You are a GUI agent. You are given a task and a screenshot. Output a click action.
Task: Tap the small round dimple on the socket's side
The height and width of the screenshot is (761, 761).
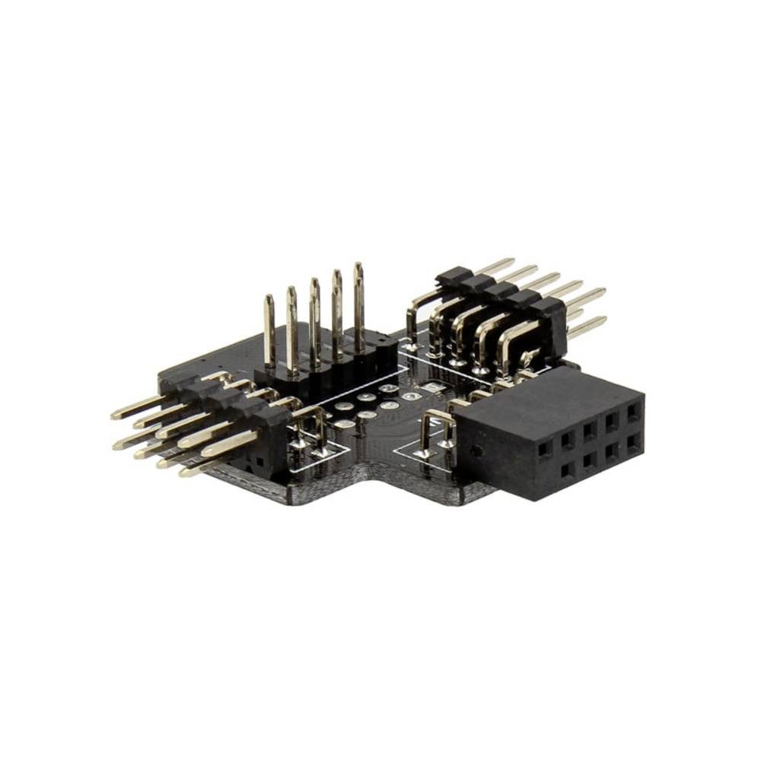476,451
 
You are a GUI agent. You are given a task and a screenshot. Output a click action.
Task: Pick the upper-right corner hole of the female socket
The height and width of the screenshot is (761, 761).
633,412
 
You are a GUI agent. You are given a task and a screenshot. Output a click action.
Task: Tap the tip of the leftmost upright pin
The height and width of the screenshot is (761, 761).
269,298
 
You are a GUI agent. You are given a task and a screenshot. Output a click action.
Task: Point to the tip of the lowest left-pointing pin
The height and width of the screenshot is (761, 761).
185,473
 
